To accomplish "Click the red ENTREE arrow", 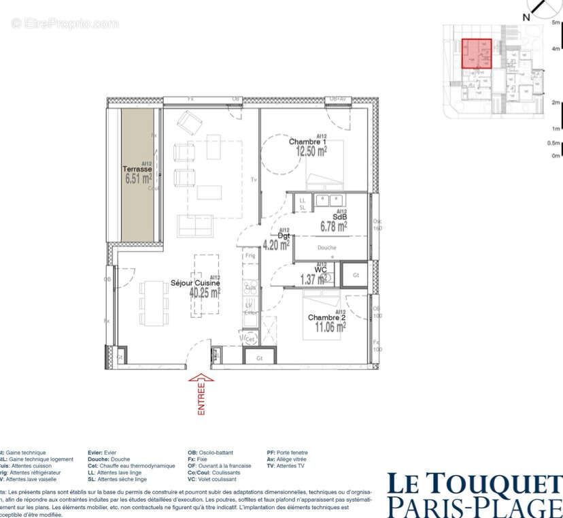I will click(201, 393).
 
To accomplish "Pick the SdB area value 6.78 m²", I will click(334, 225).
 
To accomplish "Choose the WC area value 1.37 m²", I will click(312, 278).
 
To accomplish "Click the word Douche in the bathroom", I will click(326, 248).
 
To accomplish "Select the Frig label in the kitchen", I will click(250, 255).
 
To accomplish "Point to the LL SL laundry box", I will click(302, 204).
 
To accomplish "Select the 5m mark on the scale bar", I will click(556, 22).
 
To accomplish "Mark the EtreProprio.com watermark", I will click(65, 24).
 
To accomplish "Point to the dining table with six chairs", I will click(154, 303).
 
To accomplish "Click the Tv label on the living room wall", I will click(253, 180).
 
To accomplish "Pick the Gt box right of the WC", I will click(355, 276).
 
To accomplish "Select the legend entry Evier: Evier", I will click(102, 453).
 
